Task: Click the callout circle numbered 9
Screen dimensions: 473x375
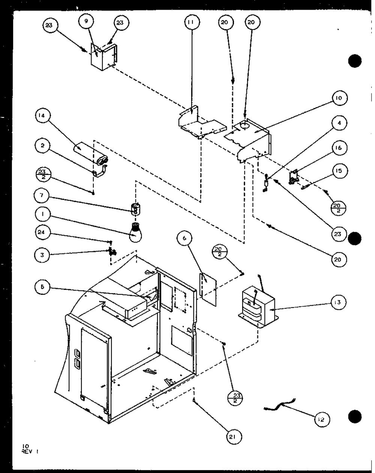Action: point(86,22)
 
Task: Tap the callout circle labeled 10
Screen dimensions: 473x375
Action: point(338,99)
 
